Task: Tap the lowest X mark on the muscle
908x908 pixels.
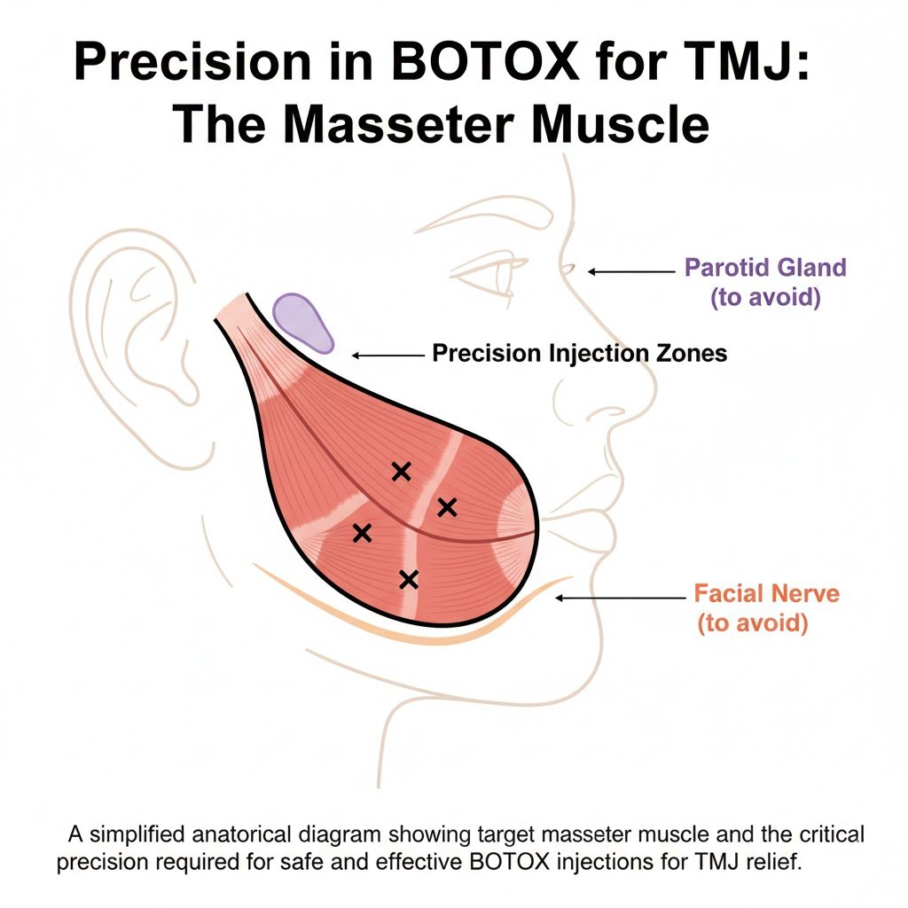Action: tap(408, 580)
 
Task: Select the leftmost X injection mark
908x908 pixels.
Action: tap(361, 533)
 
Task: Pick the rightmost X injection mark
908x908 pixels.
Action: tap(447, 507)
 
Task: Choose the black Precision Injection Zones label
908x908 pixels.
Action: tap(579, 354)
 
